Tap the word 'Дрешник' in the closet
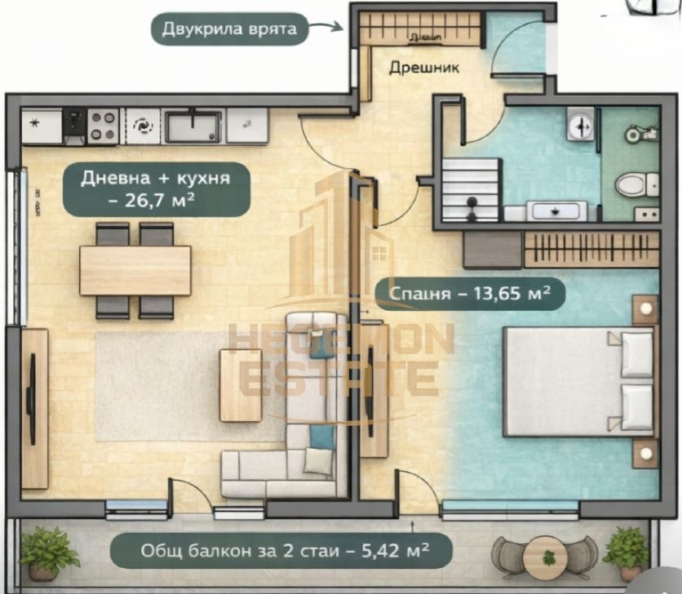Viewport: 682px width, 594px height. [423, 69]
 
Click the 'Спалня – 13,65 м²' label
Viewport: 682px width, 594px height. [469, 292]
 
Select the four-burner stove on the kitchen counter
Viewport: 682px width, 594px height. [103, 126]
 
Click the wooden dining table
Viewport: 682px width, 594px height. [135, 270]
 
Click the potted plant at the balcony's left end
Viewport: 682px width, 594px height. [48, 551]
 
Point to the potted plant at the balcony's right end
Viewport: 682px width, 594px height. [627, 549]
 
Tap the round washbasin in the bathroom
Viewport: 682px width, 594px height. [580, 126]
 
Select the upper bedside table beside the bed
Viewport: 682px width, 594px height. [645, 309]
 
